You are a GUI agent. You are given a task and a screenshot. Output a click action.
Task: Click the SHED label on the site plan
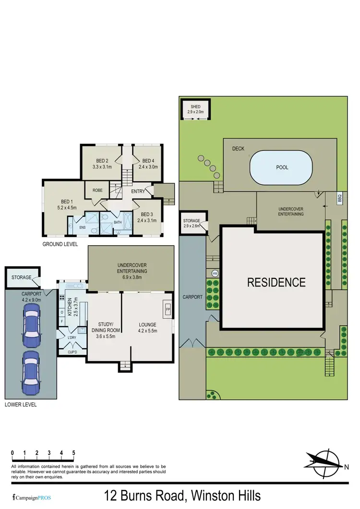[195, 107]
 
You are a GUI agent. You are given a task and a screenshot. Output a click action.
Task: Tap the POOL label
[282, 167]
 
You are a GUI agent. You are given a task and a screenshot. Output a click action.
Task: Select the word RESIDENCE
[276, 282]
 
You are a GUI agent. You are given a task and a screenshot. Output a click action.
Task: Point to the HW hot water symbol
[215, 273]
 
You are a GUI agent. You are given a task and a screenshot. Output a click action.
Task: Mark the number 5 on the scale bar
[73, 452]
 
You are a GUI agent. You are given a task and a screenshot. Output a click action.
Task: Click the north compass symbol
[327, 461]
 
